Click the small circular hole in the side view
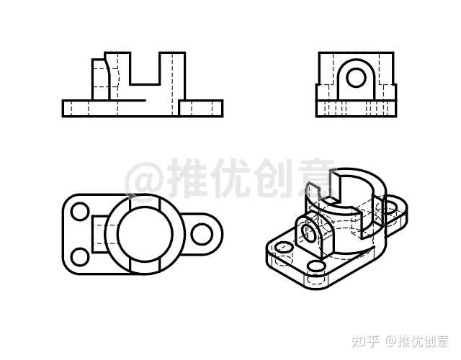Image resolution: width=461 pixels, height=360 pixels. coord(356,78)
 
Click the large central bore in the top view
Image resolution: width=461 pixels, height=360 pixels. coord(145,234)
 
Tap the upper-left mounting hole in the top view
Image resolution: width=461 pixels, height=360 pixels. coord(80,211)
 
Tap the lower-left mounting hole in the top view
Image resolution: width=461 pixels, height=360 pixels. coord(80,257)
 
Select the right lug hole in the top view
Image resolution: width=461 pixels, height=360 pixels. coord(202,234)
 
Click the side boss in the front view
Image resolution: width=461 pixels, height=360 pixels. coord(100,79)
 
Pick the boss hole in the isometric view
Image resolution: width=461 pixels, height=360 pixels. coord(308,232)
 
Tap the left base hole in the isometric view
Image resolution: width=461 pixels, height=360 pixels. coord(283,246)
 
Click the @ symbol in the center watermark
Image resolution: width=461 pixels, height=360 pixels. coord(143,179)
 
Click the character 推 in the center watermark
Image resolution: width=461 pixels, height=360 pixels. coord(187,178)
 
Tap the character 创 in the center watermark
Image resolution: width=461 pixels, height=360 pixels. coord(273,178)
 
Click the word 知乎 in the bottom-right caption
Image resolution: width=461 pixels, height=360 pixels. coord(365,341)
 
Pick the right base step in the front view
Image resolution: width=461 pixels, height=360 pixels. coord(201,109)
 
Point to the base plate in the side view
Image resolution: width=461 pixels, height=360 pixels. coord(356,109)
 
